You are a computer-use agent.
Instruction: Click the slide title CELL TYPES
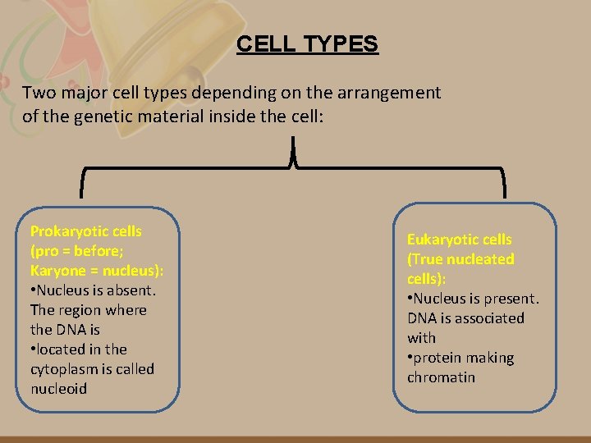point(307,43)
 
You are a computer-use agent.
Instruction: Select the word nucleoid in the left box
point(58,389)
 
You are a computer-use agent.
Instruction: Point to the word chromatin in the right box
point(441,377)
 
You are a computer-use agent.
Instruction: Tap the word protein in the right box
point(442,358)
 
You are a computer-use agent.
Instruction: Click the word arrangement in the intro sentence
point(393,93)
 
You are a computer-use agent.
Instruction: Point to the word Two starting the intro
point(39,93)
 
